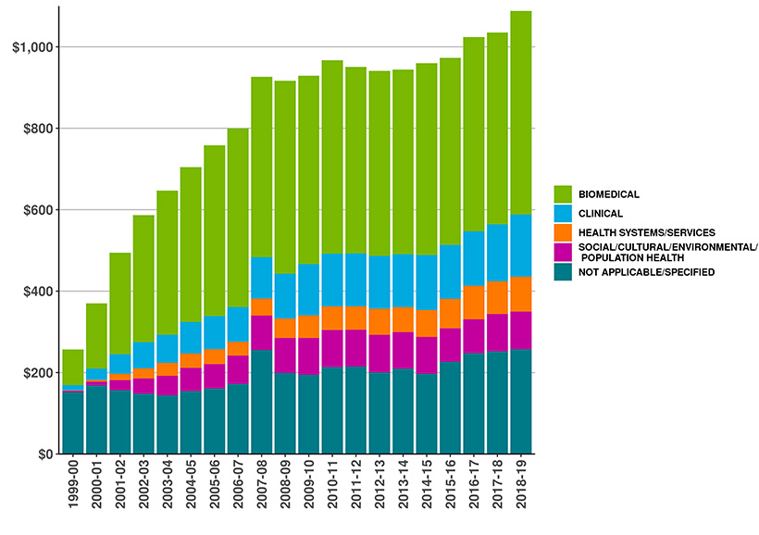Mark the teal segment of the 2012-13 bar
[x=379, y=413]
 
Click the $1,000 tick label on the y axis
[x=31, y=47]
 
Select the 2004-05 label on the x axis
[x=191, y=492]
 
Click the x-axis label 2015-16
[x=450, y=492]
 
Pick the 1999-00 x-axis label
[x=73, y=492]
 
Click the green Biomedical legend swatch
[x=563, y=193]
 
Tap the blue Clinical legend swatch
[x=563, y=213]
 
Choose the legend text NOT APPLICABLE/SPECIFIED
[x=641, y=271]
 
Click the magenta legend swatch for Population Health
[x=563, y=252]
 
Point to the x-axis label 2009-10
[x=308, y=492]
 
